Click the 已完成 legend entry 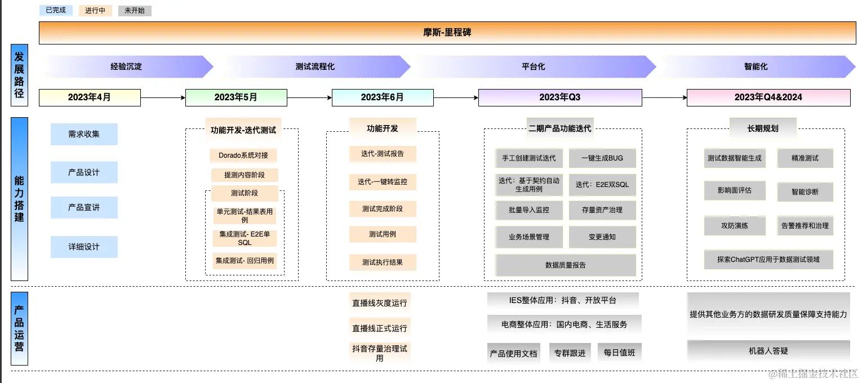(56, 10)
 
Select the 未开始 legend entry (135, 10)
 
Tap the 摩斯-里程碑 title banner (447, 33)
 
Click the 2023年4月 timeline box (90, 97)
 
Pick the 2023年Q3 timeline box (559, 97)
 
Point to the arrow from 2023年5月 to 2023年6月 (309, 97)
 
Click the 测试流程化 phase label (315, 66)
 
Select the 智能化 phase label (756, 66)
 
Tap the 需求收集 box (84, 134)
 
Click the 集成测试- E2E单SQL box (245, 238)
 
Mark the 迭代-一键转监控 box (383, 182)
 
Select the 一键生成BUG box (602, 158)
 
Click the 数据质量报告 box (566, 265)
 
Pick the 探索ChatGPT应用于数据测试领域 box (768, 260)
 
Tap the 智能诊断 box (805, 191)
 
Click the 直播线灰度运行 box (379, 302)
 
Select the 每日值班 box (619, 353)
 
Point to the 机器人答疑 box (768, 351)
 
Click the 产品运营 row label (19, 328)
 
